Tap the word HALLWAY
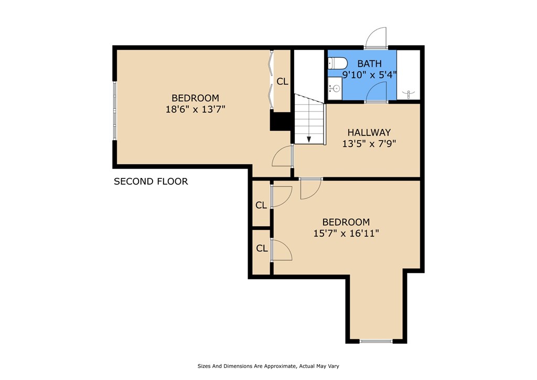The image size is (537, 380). click(x=369, y=132)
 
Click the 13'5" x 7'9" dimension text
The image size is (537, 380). click(x=369, y=143)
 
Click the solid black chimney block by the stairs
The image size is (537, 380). click(x=280, y=122)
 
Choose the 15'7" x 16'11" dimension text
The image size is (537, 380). click(x=346, y=233)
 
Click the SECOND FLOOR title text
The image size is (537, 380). click(x=151, y=182)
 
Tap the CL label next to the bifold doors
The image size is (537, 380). click(x=282, y=81)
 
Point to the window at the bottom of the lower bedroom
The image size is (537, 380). click(x=376, y=342)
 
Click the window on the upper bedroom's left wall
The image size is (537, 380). click(x=114, y=110)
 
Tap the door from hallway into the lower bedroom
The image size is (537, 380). click(x=310, y=188)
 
